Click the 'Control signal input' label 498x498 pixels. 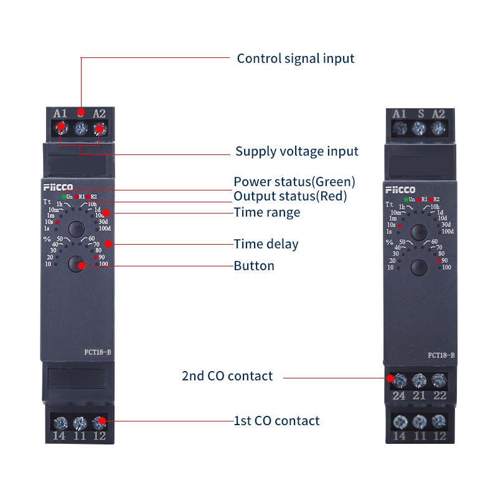(x=295, y=59)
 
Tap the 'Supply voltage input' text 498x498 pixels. (x=296, y=151)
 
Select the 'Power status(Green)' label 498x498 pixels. (x=294, y=182)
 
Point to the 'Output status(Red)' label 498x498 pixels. (x=289, y=196)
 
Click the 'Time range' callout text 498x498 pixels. (x=266, y=212)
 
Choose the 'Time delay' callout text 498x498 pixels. (x=266, y=244)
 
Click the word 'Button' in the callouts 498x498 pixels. (x=254, y=266)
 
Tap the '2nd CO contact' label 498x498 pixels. (x=227, y=376)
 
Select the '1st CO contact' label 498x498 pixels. (x=276, y=421)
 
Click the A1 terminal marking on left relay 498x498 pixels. (x=60, y=113)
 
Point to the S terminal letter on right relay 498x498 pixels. (x=420, y=113)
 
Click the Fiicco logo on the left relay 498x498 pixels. (x=58, y=187)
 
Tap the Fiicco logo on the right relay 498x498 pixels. (x=399, y=189)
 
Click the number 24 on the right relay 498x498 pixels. (x=399, y=395)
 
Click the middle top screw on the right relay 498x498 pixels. (x=419, y=129)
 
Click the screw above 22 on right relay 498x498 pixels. (x=439, y=379)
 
